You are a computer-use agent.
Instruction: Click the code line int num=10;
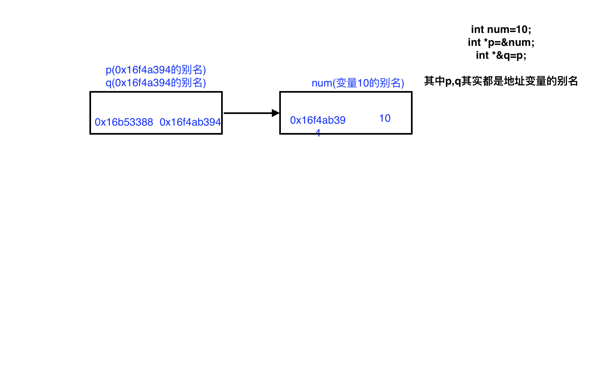pyautogui.click(x=501, y=29)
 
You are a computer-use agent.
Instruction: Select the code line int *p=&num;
pyautogui.click(x=501, y=42)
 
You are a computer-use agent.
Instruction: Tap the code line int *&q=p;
pyautogui.click(x=501, y=55)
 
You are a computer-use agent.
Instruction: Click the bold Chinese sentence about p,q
pyautogui.click(x=501, y=81)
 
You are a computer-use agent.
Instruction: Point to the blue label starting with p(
pyautogui.click(x=156, y=69)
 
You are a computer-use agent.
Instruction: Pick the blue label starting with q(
pyautogui.click(x=156, y=83)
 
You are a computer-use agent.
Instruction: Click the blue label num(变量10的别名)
pyautogui.click(x=358, y=83)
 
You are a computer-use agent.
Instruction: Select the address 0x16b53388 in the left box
pyautogui.click(x=124, y=122)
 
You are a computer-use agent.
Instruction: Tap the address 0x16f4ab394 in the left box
pyautogui.click(x=190, y=122)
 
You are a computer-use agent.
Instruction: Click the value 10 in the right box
pyautogui.click(x=385, y=118)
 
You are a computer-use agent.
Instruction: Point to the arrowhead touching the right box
pyautogui.click(x=276, y=113)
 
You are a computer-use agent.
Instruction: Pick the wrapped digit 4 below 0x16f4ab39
pyautogui.click(x=318, y=132)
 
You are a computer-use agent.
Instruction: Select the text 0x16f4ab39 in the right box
pyautogui.click(x=318, y=120)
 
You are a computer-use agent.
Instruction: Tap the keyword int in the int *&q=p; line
pyautogui.click(x=482, y=55)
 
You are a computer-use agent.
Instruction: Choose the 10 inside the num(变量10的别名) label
pyautogui.click(x=363, y=83)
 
